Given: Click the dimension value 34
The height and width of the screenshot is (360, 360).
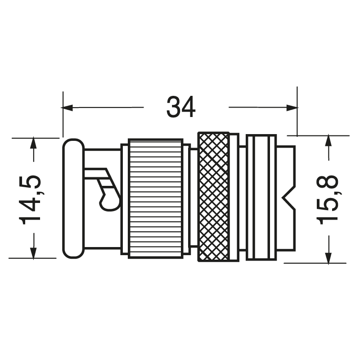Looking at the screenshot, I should (181, 108).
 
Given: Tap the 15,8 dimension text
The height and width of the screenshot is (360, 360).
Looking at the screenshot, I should (328, 199).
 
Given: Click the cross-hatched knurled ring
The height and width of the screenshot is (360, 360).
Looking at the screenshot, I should (213, 196).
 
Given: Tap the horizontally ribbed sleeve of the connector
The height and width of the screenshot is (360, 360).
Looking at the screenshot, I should (155, 198).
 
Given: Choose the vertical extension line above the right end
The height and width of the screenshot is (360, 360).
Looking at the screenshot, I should (297, 110).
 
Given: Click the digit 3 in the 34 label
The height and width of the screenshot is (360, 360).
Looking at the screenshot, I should (174, 108).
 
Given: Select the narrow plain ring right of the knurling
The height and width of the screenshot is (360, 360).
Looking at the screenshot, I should (234, 196).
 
